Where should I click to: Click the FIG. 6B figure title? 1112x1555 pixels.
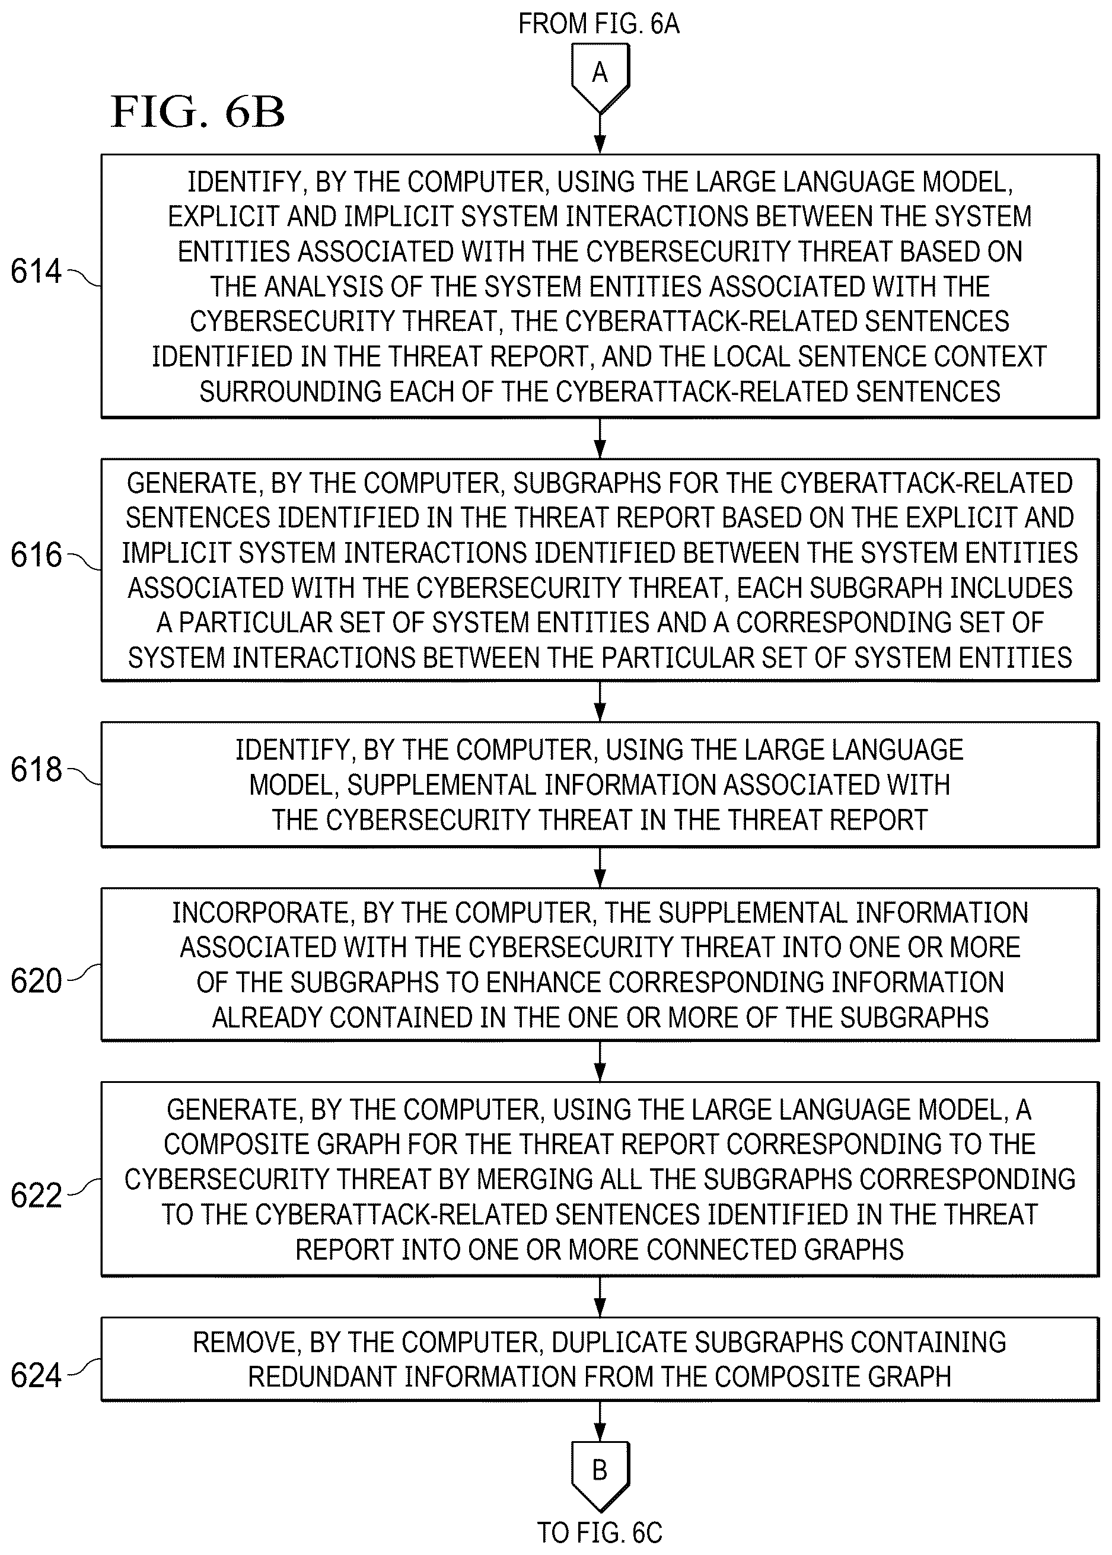point(198,111)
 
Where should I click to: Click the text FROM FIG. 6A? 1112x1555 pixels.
point(599,24)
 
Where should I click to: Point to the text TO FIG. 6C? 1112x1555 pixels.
point(600,1533)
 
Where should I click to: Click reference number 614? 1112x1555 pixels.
point(36,271)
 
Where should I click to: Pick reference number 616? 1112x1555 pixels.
point(36,555)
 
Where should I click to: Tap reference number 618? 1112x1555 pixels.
point(36,769)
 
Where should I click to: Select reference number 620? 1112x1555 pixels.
point(36,980)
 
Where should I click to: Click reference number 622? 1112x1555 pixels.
point(36,1196)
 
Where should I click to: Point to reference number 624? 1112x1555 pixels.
point(36,1376)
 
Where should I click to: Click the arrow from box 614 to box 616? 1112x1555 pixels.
point(600,438)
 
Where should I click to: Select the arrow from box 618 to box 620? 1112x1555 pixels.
point(600,868)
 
